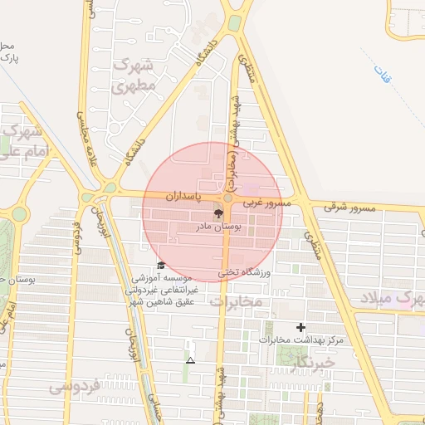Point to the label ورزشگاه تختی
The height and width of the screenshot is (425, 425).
point(245,271)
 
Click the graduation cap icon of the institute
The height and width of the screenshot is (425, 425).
point(160,265)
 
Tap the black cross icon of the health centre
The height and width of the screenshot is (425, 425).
point(300,328)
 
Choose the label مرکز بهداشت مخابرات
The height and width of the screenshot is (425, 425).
point(300,340)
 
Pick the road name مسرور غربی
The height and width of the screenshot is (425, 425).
point(267,203)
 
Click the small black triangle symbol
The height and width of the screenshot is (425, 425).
point(191,360)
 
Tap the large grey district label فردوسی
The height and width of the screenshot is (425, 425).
point(75,385)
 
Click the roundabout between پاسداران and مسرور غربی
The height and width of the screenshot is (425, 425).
point(227,198)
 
